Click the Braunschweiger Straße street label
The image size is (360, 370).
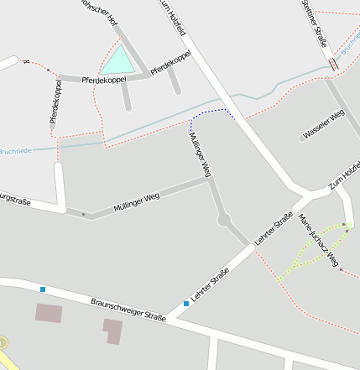(128, 309)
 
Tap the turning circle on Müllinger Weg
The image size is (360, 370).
(224, 221)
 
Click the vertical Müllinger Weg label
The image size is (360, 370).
(200, 154)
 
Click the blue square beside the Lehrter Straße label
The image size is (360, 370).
(186, 303)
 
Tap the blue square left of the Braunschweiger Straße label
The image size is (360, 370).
(42, 289)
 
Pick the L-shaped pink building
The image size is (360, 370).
(112, 331)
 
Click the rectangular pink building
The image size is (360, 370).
(49, 314)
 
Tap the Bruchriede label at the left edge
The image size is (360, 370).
(15, 150)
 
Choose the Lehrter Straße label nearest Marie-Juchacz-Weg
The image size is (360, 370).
(279, 227)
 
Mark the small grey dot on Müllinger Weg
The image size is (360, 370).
(83, 214)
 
